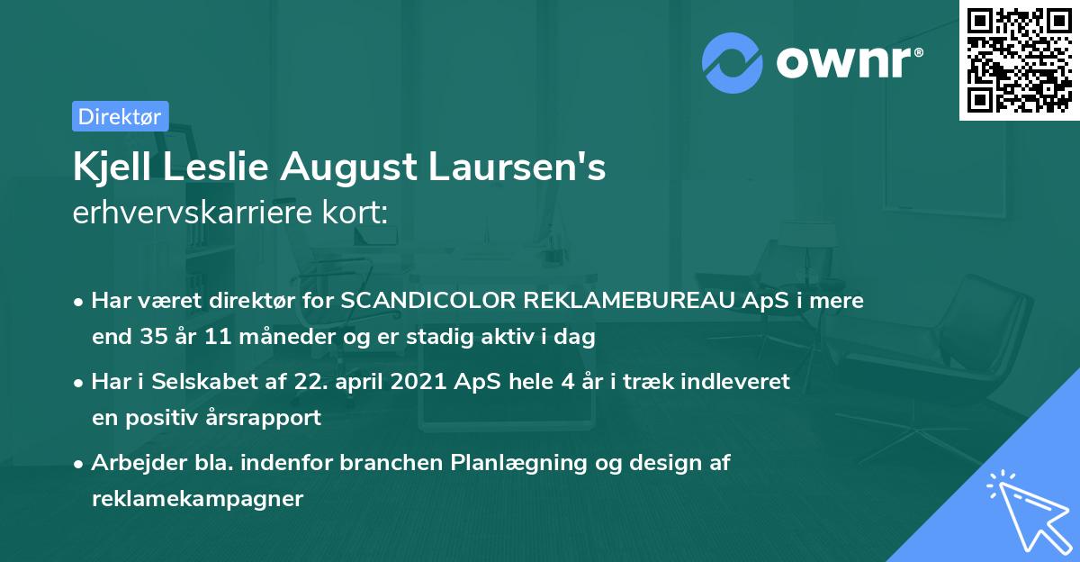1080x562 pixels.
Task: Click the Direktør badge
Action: (x=120, y=116)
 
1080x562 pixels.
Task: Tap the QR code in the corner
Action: (x=1019, y=59)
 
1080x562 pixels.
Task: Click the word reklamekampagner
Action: (x=197, y=499)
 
